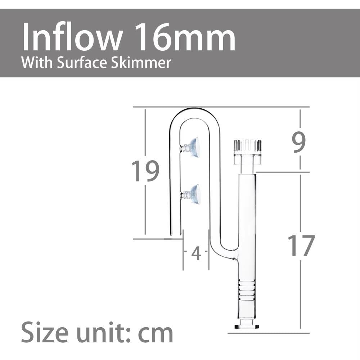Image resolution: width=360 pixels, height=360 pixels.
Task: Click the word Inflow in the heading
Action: (x=72, y=37)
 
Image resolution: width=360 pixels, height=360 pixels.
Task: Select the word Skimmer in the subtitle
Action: (x=141, y=63)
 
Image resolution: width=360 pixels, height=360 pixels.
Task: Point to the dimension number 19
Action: (x=145, y=171)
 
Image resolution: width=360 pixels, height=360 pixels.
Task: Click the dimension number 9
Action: (x=299, y=142)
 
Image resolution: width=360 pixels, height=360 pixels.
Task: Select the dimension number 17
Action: (x=301, y=246)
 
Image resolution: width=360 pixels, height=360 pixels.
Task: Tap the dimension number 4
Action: (x=196, y=253)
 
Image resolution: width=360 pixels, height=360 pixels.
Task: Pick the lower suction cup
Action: (x=190, y=194)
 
